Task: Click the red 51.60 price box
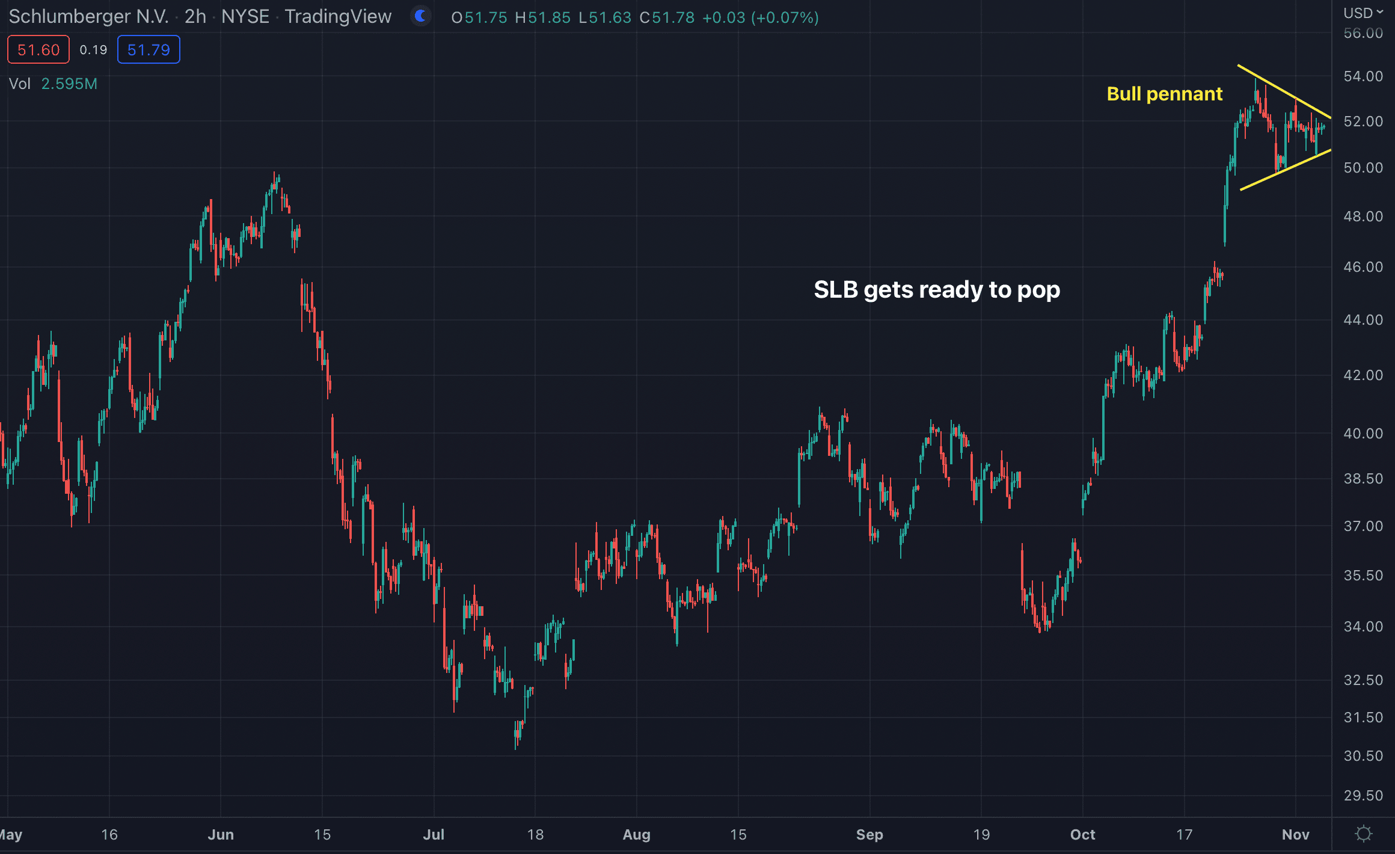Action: (x=38, y=50)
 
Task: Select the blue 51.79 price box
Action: (x=149, y=50)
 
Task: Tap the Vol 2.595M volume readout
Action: (x=53, y=84)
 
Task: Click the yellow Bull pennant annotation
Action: (x=1164, y=94)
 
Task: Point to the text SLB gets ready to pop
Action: (x=937, y=290)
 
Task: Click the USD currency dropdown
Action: (x=1363, y=13)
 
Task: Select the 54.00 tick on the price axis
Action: (x=1363, y=76)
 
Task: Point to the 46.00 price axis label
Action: (x=1363, y=267)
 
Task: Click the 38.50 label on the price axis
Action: (x=1363, y=479)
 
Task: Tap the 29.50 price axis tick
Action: (x=1363, y=796)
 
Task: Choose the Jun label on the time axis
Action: (x=221, y=835)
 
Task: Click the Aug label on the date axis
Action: (x=637, y=835)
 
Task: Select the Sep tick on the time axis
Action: (x=869, y=835)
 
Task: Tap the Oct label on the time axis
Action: (x=1082, y=835)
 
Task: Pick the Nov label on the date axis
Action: (x=1295, y=835)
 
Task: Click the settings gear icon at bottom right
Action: (x=1364, y=834)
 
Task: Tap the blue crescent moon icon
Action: (x=421, y=16)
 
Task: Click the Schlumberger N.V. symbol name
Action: (x=88, y=16)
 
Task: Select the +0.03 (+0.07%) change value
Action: (x=760, y=17)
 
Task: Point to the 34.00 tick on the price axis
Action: (x=1363, y=627)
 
